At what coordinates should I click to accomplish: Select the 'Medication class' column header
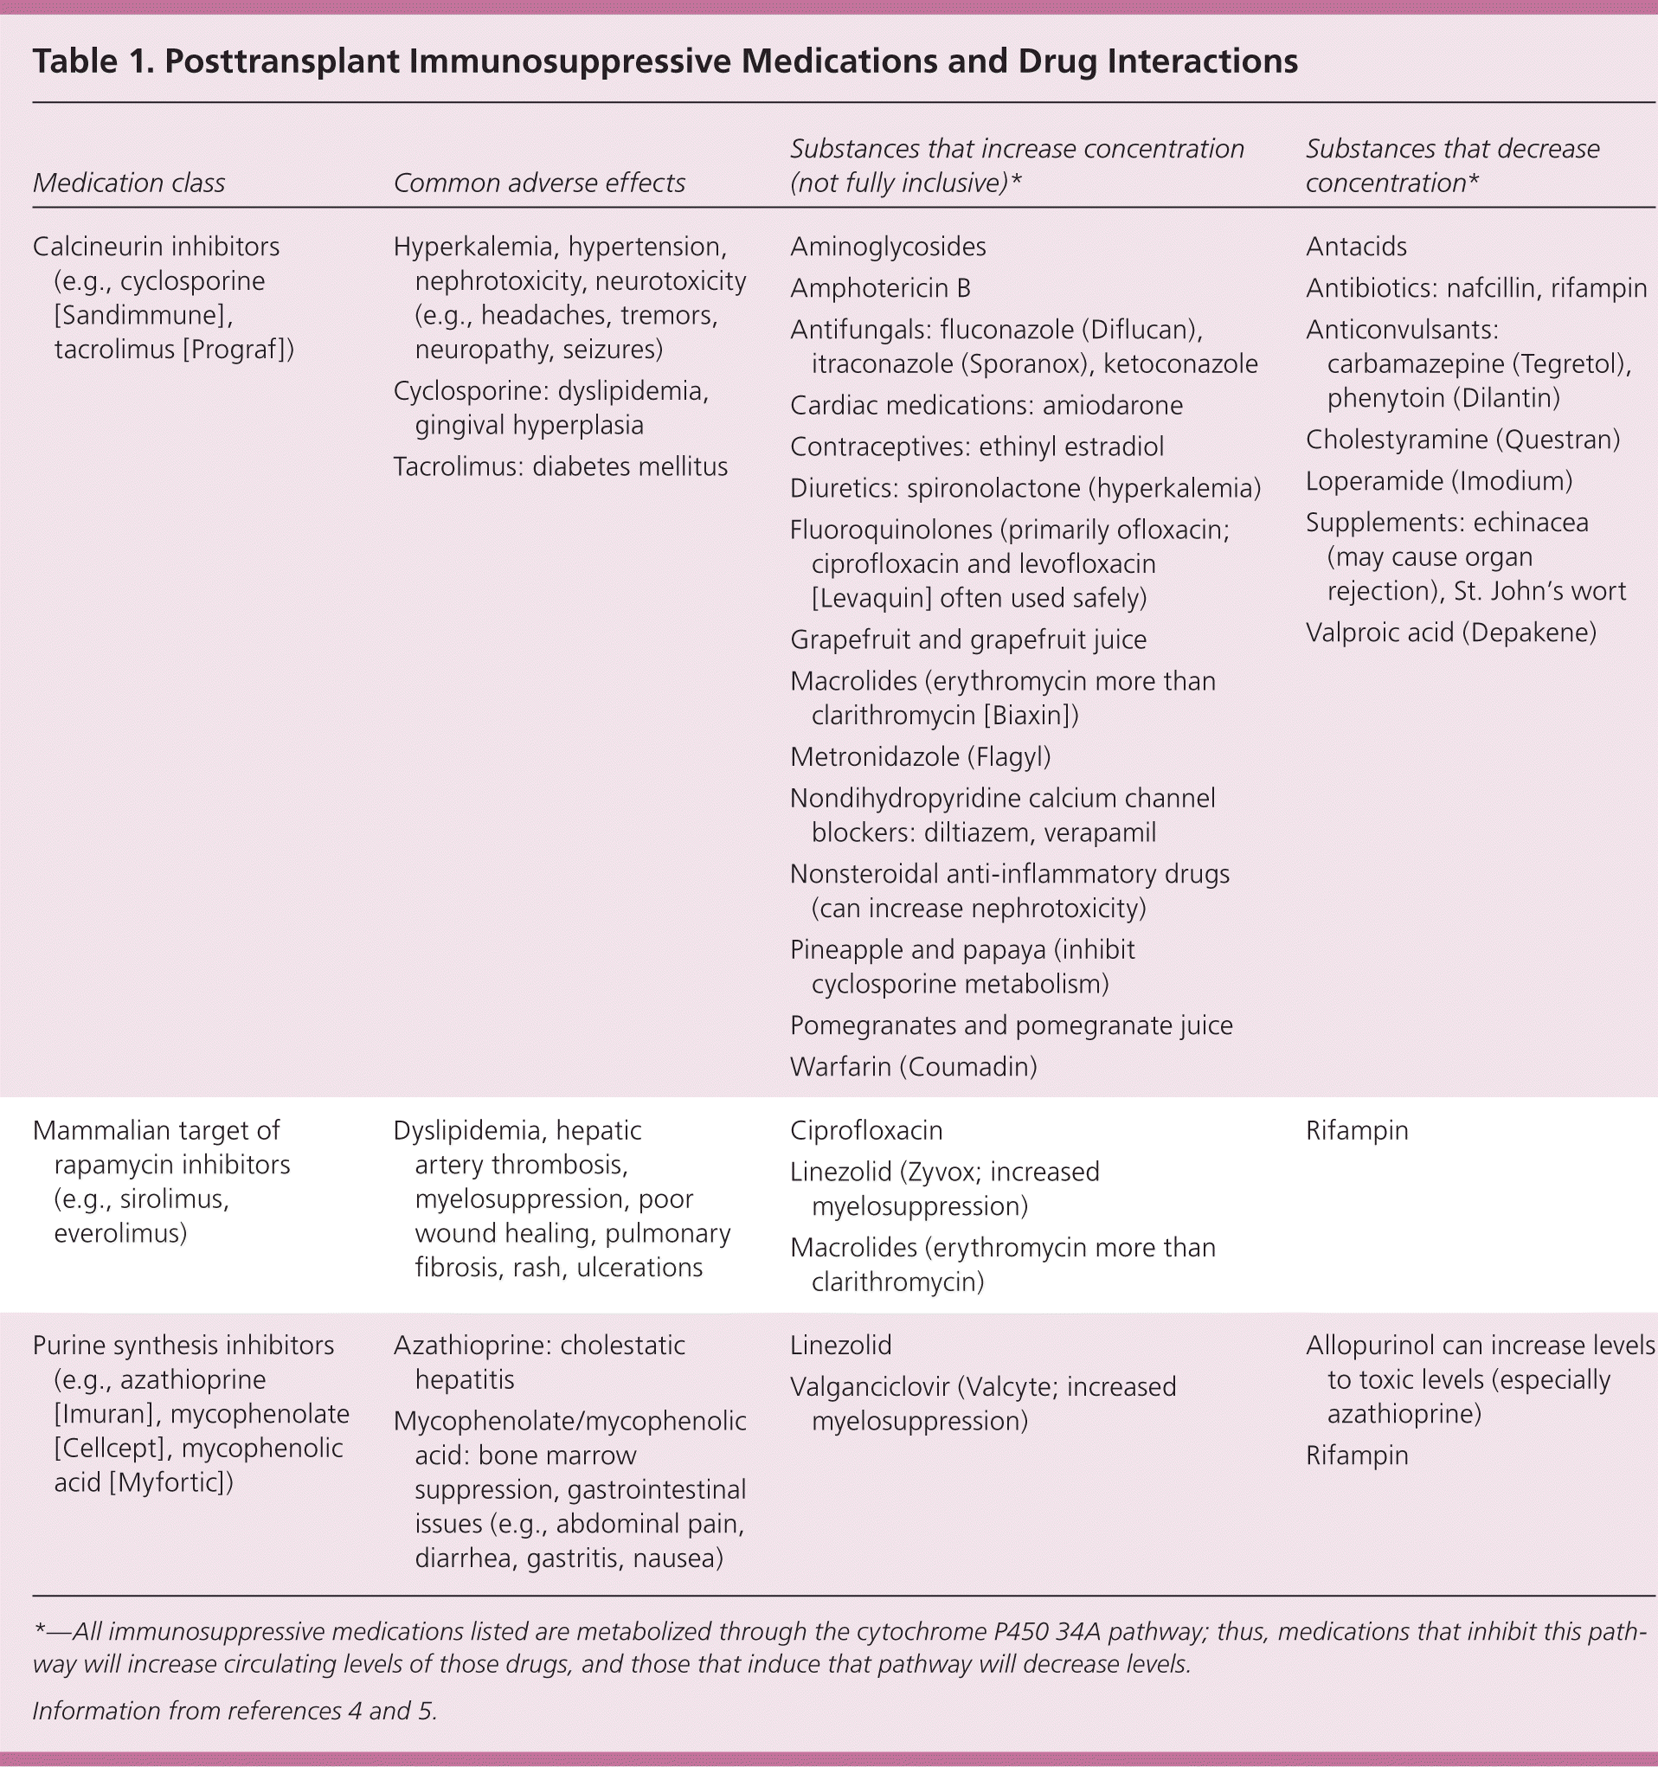pyautogui.click(x=129, y=183)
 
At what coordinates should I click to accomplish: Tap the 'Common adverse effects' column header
pyautogui.click(x=539, y=183)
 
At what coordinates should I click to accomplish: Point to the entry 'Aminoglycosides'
pyautogui.click(x=887, y=247)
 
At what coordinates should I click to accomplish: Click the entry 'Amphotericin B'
pyautogui.click(x=879, y=288)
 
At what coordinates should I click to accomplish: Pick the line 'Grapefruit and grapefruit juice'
pyautogui.click(x=967, y=639)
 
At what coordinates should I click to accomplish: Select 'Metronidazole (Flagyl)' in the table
pyautogui.click(x=920, y=756)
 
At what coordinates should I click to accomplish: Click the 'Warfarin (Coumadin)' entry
pyautogui.click(x=913, y=1067)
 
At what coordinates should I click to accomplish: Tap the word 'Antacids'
pyautogui.click(x=1356, y=247)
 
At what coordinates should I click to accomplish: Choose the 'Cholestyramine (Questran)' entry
pyautogui.click(x=1462, y=439)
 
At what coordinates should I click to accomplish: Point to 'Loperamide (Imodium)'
pyautogui.click(x=1438, y=481)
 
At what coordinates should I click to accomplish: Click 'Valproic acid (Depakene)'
pyautogui.click(x=1451, y=632)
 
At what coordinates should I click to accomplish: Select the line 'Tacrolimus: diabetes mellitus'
pyautogui.click(x=560, y=466)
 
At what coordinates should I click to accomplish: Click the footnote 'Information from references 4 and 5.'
pyautogui.click(x=235, y=1710)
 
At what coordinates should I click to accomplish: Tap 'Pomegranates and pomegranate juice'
pyautogui.click(x=1011, y=1025)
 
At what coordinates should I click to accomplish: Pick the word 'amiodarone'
pyautogui.click(x=1112, y=405)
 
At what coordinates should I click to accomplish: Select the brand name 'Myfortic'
pyautogui.click(x=168, y=1481)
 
